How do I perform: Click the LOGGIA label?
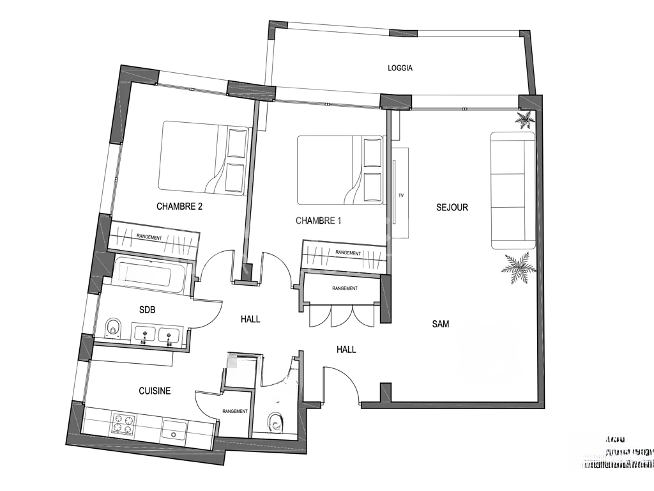[x=400, y=68]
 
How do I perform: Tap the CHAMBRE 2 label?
[x=179, y=207]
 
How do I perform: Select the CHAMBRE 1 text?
[x=319, y=221]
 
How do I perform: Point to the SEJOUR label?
[x=452, y=207]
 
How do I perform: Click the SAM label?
[x=441, y=324]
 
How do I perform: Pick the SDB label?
[x=148, y=309]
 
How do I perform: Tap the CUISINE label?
[x=155, y=391]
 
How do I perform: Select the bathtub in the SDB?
[x=151, y=276]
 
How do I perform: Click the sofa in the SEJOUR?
[x=512, y=190]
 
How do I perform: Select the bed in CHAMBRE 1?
[x=339, y=169]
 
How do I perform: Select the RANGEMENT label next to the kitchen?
[x=235, y=411]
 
